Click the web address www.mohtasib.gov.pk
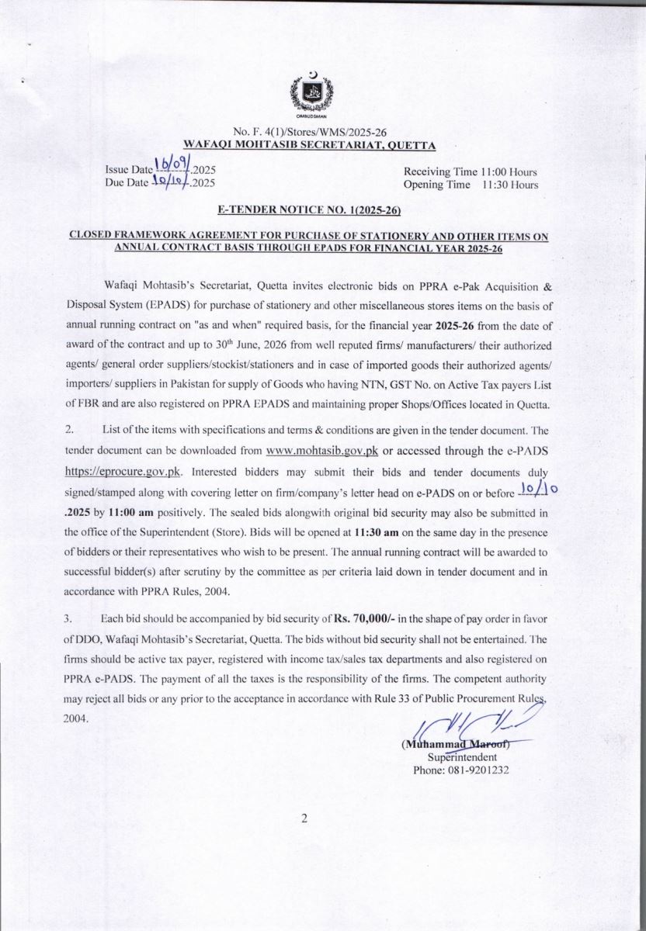tap(321, 451)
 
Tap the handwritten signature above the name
tap(466, 725)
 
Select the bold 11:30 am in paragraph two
tap(371, 532)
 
